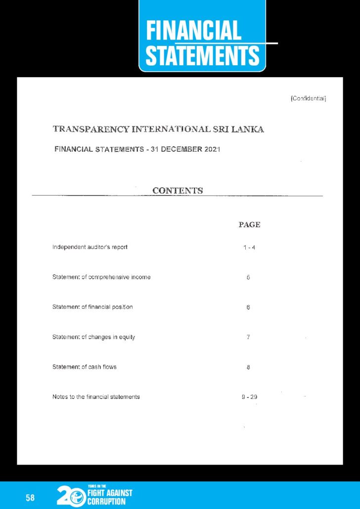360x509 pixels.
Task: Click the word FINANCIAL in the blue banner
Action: tap(193, 31)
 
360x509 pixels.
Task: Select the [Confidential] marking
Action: tap(308, 98)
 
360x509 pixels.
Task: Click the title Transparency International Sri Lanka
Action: tap(158, 129)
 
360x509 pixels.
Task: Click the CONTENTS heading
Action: tap(178, 190)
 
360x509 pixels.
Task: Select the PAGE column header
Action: tap(249, 224)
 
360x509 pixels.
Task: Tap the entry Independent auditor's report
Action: tap(90, 247)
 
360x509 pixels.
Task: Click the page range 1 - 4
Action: tap(249, 247)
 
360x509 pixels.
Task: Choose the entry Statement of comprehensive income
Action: tap(101, 277)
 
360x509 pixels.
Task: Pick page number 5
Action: tap(248, 277)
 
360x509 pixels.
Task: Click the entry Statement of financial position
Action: tap(92, 307)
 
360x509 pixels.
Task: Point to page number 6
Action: tap(248, 307)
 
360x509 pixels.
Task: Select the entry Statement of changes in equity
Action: tap(93, 337)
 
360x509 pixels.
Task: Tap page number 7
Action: tap(248, 337)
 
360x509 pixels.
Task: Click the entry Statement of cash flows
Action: tap(85, 367)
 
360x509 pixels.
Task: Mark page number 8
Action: tap(248, 367)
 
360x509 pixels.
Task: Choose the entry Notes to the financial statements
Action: tap(96, 396)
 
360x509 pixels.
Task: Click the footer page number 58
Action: tap(30, 498)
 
